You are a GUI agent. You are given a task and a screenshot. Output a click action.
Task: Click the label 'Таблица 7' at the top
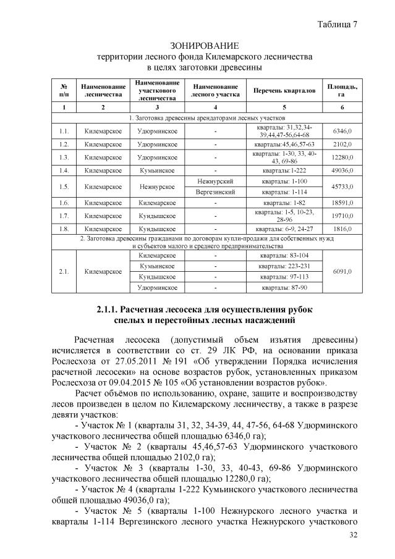tap(338, 24)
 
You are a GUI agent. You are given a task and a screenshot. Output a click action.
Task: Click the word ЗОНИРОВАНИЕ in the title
tap(204, 46)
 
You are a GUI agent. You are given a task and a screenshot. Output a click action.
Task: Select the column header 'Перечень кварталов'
tap(282, 91)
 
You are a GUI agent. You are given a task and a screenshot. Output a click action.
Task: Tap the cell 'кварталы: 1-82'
tap(282, 203)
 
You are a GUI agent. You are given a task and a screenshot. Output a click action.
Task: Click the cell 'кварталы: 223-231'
tap(282, 266)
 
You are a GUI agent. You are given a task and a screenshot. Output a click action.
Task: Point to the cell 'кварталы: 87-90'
tap(282, 288)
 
